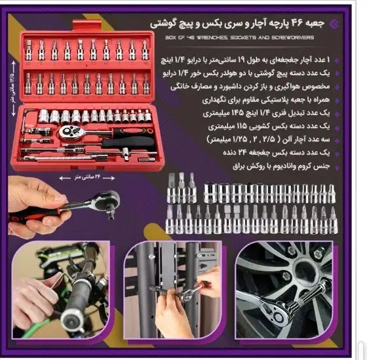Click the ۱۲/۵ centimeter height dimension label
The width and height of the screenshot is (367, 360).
(10, 92)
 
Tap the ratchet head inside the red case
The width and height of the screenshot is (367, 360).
(71, 130)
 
